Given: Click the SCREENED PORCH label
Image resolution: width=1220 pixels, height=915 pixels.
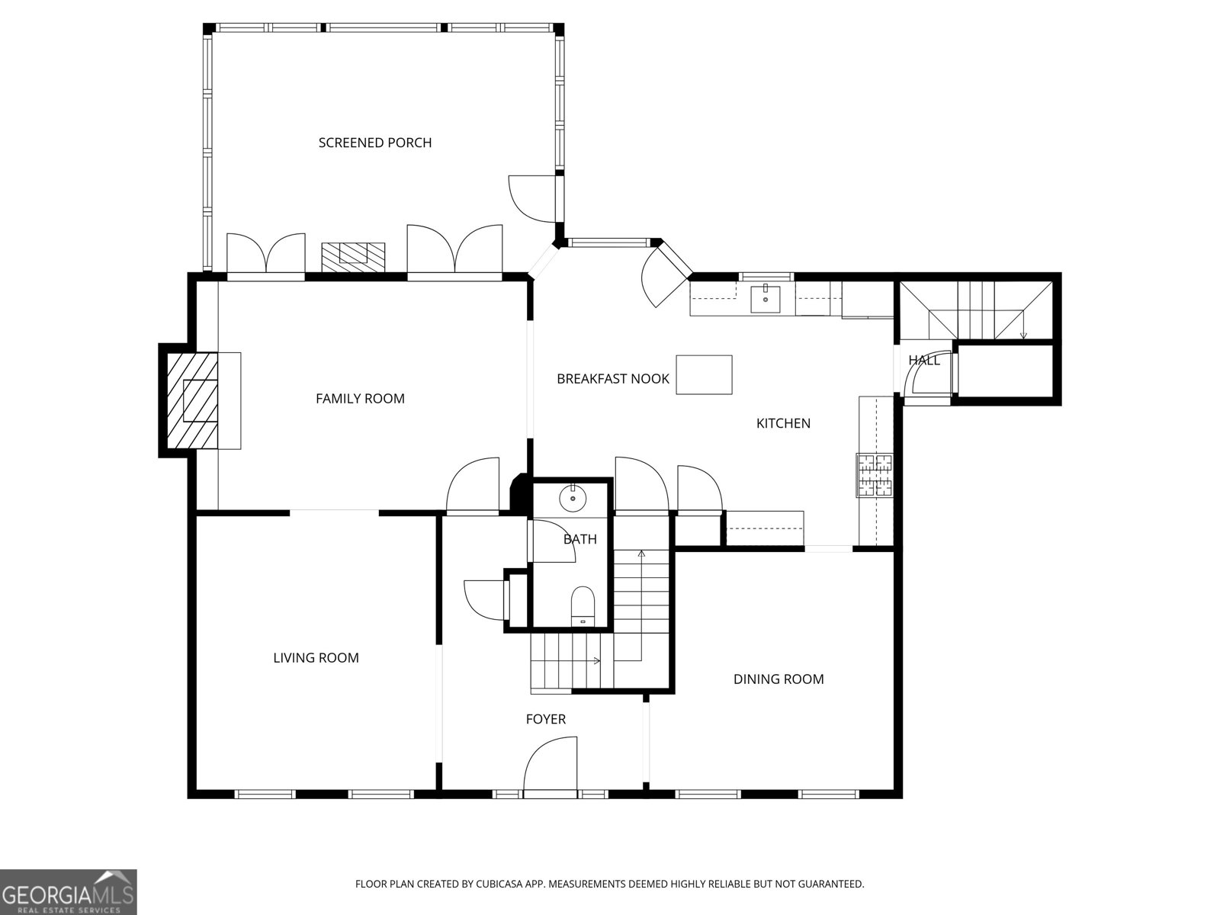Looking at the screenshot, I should (x=374, y=143).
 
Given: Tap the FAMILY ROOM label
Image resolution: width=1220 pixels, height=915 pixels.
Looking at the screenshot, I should (x=360, y=398).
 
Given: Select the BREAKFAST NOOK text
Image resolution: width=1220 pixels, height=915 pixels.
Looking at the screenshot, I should (x=612, y=378).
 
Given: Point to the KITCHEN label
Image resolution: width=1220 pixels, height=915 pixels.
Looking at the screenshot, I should (x=783, y=423).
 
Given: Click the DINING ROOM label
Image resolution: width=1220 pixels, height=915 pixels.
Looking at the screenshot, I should (x=779, y=679).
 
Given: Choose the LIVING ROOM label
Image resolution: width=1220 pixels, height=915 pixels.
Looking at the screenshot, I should (x=316, y=658).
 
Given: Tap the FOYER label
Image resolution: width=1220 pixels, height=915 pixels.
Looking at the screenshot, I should (x=546, y=719).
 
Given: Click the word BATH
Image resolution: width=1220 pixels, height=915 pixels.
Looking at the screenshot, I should (x=580, y=540).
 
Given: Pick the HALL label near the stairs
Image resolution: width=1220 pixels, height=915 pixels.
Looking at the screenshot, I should (x=923, y=361).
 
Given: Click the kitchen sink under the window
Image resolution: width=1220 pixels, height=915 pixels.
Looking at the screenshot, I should (x=765, y=298).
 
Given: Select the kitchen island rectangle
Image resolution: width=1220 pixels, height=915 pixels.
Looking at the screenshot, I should (x=705, y=374).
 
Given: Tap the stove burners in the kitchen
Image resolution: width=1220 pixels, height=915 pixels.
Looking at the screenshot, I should (x=874, y=475).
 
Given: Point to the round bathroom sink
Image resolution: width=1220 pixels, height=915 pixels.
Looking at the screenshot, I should (x=572, y=500).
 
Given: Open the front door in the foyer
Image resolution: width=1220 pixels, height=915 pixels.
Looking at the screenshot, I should (x=550, y=766).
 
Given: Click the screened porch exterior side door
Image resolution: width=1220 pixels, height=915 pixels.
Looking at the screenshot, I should (x=531, y=197).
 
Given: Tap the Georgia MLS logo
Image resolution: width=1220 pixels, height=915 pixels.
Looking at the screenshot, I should (x=69, y=891).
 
